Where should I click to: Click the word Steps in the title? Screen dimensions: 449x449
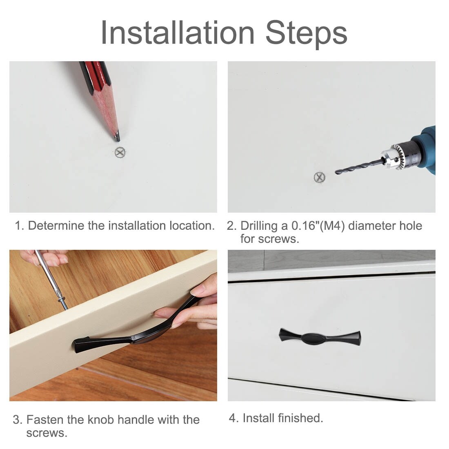pos(307,34)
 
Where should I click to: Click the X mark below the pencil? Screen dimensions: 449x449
pos(120,152)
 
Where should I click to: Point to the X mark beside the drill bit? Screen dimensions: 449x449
pos(319,177)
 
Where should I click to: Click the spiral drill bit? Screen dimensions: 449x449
pos(359,167)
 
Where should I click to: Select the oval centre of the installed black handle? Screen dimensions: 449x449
pos(313,338)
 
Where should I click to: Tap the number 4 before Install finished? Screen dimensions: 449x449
pos(232,418)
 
